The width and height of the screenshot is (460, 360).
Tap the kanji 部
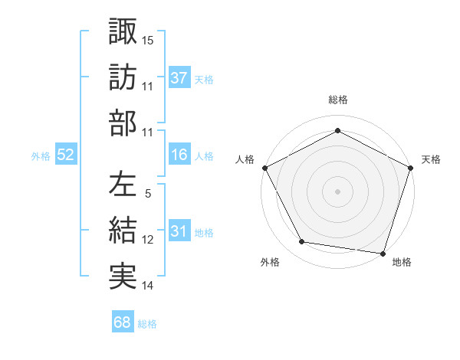(x=123, y=123)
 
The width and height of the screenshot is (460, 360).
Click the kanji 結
(x=123, y=231)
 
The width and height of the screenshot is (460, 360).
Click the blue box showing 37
(x=179, y=77)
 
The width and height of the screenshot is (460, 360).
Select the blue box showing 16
(x=179, y=155)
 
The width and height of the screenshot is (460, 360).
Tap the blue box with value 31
(x=179, y=231)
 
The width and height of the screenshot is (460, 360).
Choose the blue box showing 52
(x=66, y=155)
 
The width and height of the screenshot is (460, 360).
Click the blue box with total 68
(x=123, y=322)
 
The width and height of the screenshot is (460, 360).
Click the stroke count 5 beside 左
(x=148, y=194)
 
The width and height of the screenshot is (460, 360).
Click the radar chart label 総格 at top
(x=338, y=100)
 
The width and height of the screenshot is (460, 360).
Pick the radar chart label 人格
(x=245, y=159)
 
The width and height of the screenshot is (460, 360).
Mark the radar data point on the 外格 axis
(x=302, y=242)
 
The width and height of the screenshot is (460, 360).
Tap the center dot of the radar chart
(x=338, y=191)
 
